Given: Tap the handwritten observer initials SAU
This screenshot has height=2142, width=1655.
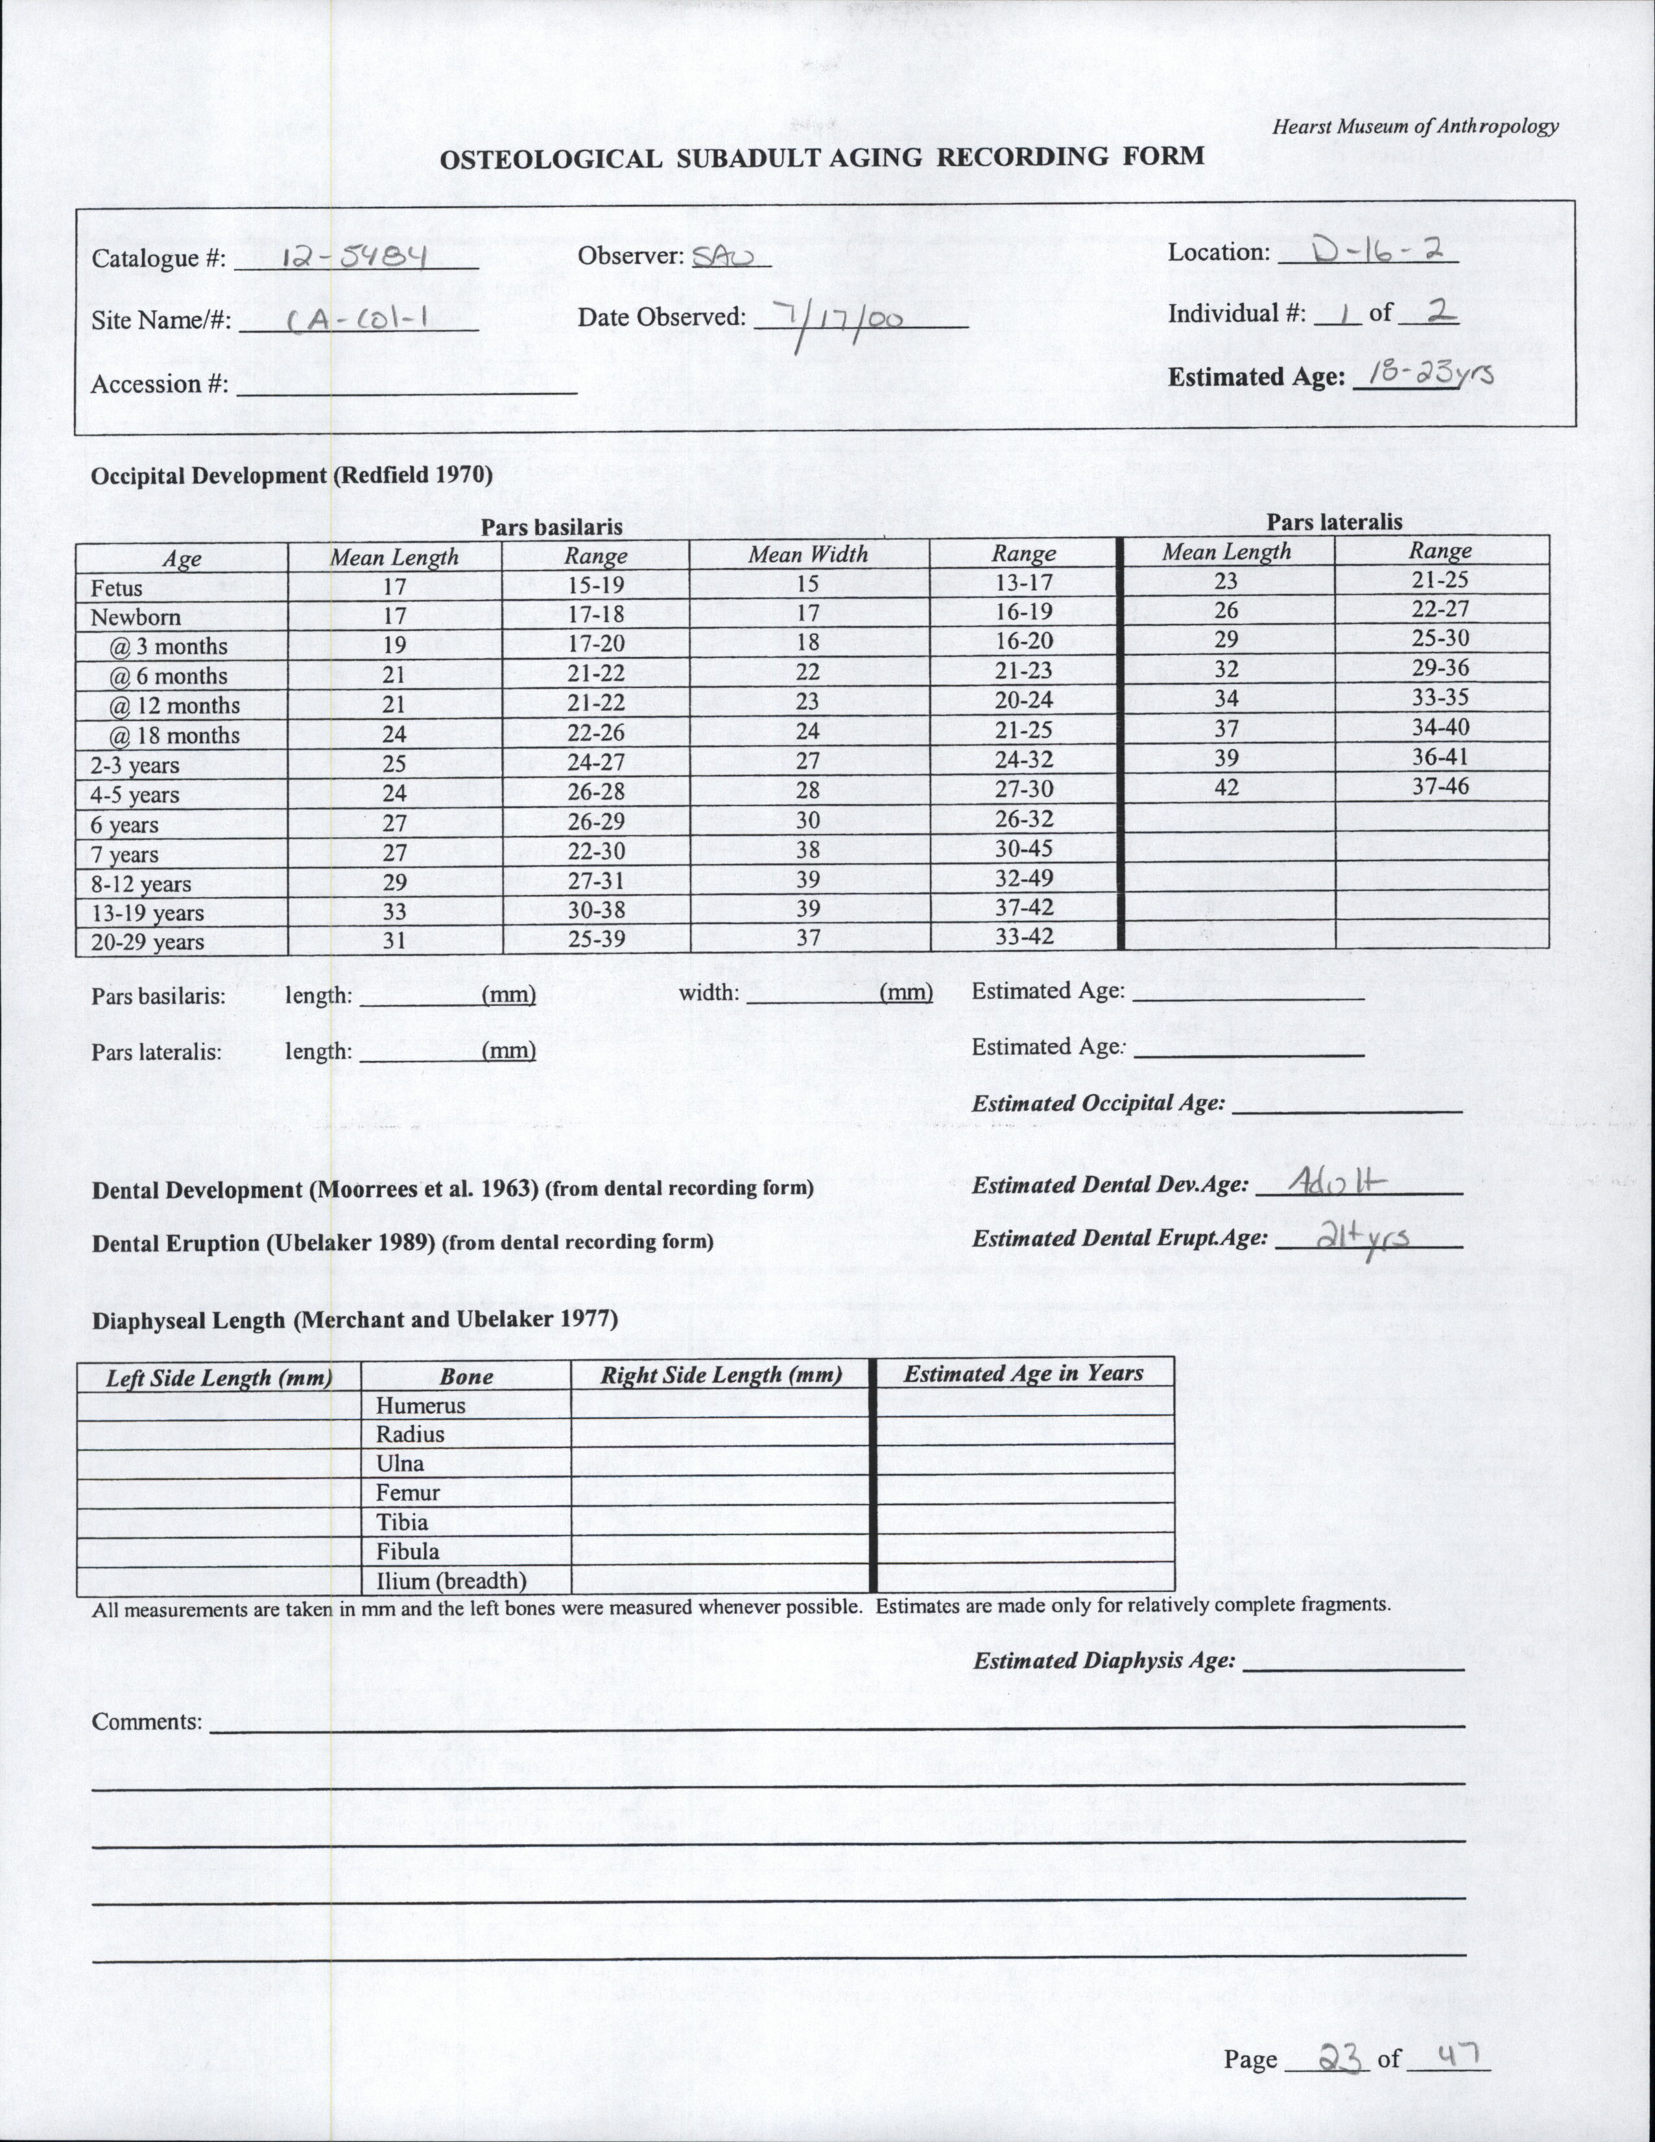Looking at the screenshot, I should pos(721,256).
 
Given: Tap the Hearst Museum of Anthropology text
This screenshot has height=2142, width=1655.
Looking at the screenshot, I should pos(1414,126).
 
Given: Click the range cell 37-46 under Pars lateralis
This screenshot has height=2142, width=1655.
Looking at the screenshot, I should pos(1440,785).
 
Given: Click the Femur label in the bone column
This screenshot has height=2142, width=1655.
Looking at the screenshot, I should pos(407,1493).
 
